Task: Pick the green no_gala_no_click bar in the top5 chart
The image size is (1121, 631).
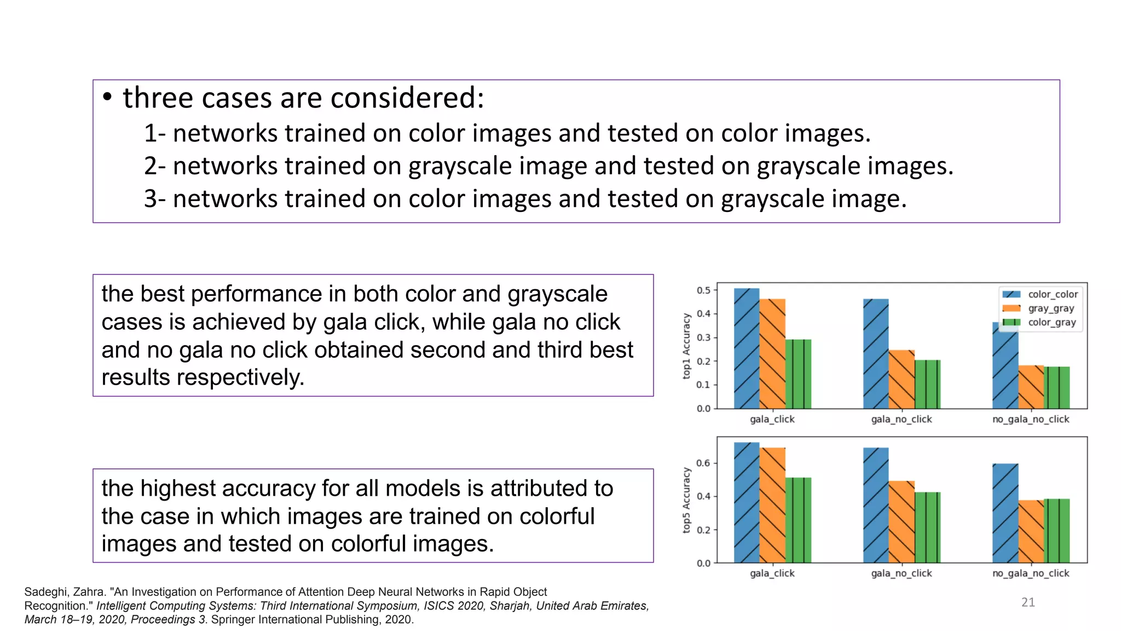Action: [x=1056, y=531]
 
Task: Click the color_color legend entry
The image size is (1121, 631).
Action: [x=1053, y=294]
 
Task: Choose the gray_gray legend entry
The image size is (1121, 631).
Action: [x=1051, y=308]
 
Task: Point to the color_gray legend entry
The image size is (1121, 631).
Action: [x=1051, y=322]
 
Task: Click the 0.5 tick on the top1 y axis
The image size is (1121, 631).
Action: [x=703, y=290]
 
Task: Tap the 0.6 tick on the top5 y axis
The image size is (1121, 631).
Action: [x=703, y=463]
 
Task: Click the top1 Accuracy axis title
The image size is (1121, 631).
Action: [x=686, y=346]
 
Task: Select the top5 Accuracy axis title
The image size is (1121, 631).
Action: [x=686, y=500]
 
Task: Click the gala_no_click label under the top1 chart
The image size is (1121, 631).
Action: [x=901, y=419]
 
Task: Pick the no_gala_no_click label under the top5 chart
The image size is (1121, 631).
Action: [x=1030, y=573]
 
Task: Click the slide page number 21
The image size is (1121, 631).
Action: [x=1028, y=603]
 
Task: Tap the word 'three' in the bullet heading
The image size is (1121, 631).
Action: [x=158, y=99]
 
